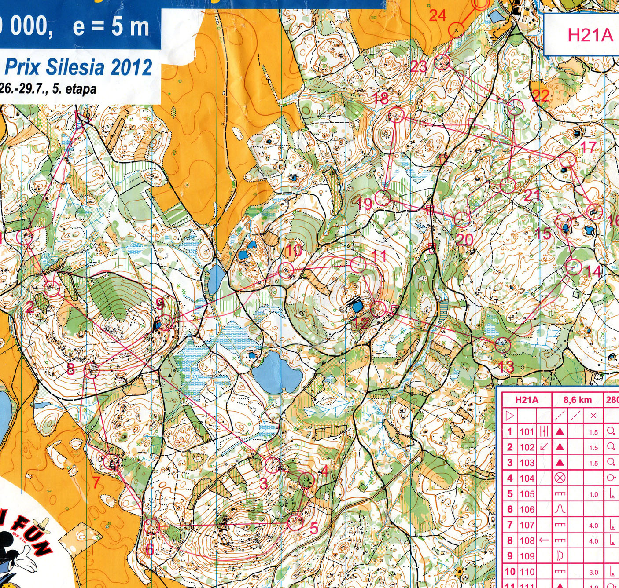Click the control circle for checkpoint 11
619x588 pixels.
coord(358,264)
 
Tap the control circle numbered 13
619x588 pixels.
coord(502,345)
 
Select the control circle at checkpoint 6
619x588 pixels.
coord(151,525)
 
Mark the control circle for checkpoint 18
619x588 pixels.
coord(396,115)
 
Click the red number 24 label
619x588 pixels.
coord(437,16)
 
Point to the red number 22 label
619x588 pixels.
coord(541,95)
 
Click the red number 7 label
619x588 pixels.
coord(96,482)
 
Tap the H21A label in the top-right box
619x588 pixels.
coord(590,35)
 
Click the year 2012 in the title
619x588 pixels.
coord(131,67)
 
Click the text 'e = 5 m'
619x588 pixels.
coord(111,27)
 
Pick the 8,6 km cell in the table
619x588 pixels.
coord(577,400)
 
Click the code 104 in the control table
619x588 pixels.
coord(527,478)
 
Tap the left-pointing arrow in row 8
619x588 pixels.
coord(544,540)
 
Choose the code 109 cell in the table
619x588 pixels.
coord(527,556)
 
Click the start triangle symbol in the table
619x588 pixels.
coord(510,416)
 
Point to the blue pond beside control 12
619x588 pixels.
coord(357,305)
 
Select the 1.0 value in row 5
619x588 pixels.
coord(593,494)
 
